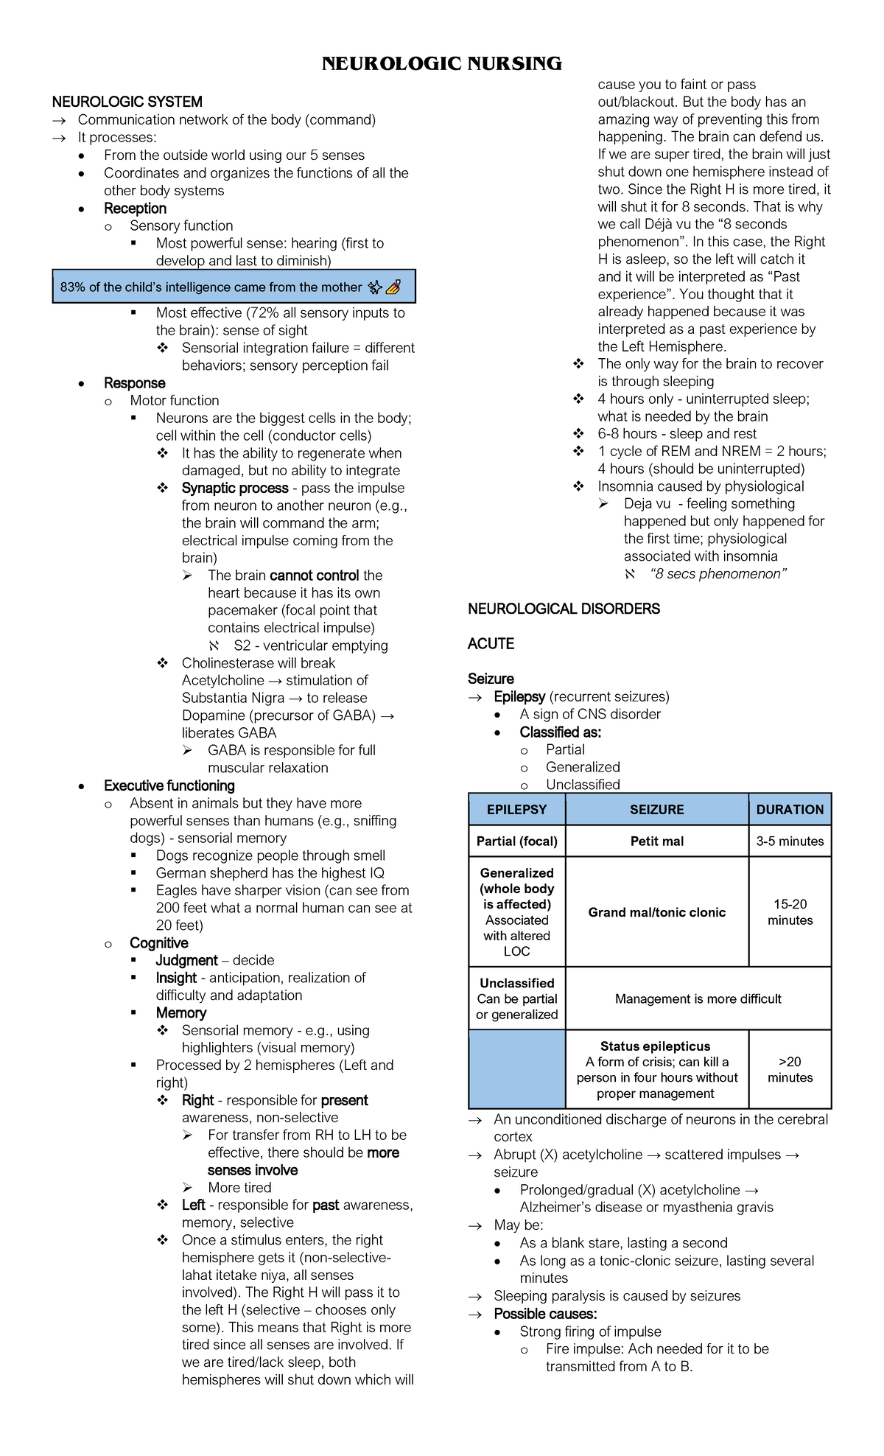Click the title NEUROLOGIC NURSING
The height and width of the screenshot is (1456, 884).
point(441,64)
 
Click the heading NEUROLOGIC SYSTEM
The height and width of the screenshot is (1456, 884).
point(127,102)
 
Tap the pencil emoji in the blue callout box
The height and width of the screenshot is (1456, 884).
point(393,287)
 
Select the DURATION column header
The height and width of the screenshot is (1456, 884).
point(790,809)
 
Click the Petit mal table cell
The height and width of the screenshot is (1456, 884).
point(656,841)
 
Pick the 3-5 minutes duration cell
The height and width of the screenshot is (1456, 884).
point(790,841)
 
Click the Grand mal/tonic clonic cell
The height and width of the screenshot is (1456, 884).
point(656,912)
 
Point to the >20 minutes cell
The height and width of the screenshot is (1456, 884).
point(790,1069)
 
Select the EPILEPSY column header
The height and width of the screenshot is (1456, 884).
point(516,809)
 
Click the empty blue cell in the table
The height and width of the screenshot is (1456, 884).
point(516,1069)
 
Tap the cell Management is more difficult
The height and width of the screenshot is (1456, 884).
point(698,998)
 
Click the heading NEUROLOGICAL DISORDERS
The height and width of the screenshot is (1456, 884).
point(564,609)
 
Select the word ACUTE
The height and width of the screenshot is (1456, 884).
point(491,644)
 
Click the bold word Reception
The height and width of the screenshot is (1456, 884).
point(135,209)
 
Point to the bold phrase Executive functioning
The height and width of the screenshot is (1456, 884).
point(169,785)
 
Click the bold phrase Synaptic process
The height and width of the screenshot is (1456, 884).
point(234,488)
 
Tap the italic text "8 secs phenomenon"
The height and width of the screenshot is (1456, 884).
point(718,574)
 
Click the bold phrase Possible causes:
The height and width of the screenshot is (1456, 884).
point(545,1314)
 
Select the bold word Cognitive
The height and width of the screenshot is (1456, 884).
point(158,943)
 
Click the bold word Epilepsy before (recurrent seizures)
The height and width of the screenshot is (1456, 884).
point(519,696)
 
